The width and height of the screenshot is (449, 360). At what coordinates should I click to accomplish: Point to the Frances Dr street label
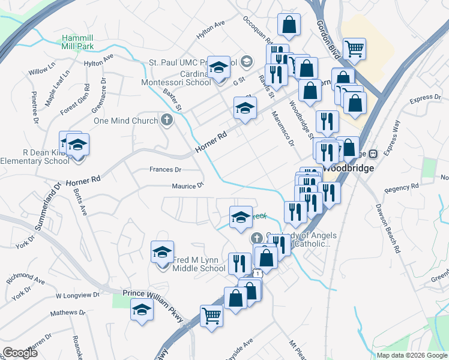(x=165, y=170)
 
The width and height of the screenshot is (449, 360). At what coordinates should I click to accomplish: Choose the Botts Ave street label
(x=80, y=202)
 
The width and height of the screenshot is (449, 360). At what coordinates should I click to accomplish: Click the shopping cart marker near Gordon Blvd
(x=354, y=47)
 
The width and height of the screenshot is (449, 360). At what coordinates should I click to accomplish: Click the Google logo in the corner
(x=20, y=353)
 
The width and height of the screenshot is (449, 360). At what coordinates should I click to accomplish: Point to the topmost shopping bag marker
(x=289, y=25)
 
